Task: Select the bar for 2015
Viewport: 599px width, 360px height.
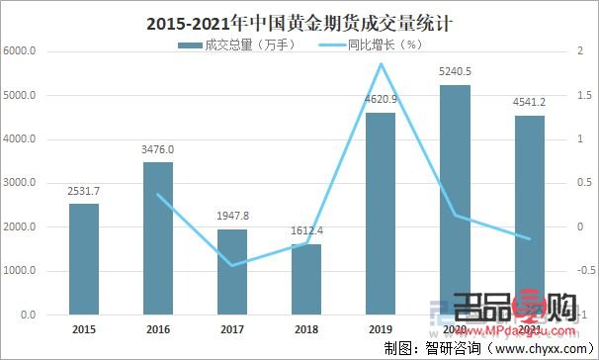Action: click(x=84, y=259)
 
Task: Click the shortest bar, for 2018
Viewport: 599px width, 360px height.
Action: click(x=306, y=279)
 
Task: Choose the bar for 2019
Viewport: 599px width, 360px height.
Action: click(x=380, y=214)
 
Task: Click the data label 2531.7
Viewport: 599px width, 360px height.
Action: click(x=84, y=191)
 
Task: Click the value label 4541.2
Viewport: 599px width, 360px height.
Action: click(x=529, y=103)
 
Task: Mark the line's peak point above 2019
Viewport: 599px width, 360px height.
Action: click(x=381, y=64)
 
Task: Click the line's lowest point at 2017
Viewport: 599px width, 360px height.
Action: click(x=231, y=265)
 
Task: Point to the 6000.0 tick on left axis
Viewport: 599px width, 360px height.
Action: click(x=20, y=51)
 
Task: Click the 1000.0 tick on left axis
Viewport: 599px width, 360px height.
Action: click(x=20, y=271)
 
